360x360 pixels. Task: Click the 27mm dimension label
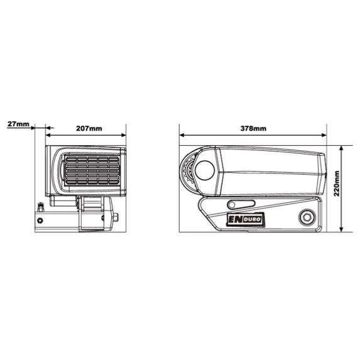click(18, 124)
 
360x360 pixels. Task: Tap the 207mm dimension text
click(89, 128)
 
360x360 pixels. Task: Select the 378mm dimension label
click(253, 128)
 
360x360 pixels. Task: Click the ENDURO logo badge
click(246, 220)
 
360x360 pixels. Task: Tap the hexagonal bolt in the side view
click(307, 217)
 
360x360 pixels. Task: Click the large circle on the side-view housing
click(205, 170)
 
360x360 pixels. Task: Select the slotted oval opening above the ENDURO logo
click(241, 204)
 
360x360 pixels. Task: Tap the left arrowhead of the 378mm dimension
click(182, 135)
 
